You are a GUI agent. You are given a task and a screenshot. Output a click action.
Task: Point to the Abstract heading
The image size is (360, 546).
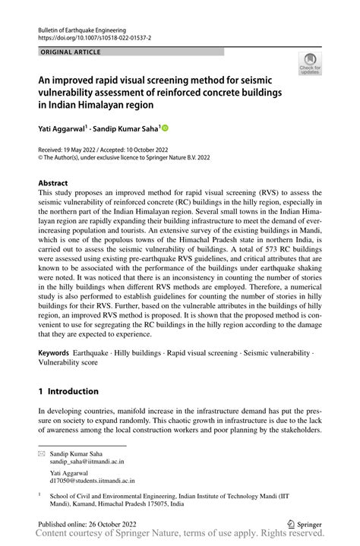pyautogui.click(x=52, y=183)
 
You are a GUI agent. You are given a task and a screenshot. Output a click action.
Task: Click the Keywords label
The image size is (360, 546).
pyautogui.click(x=53, y=354)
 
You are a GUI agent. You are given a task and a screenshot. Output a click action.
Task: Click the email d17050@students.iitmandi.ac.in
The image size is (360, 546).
pyautogui.click(x=94, y=480)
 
